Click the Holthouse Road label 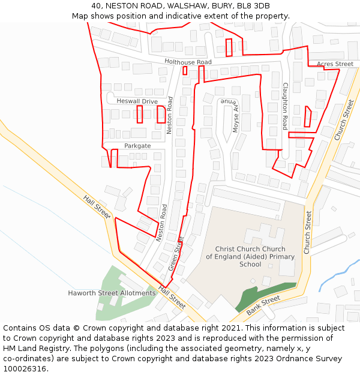pos(188,62)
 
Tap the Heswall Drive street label pos(137,101)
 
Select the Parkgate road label pos(137,146)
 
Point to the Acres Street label pos(335,64)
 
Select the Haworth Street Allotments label pos(112,293)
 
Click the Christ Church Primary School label pos(250,256)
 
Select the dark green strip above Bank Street pos(264,295)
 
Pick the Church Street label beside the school pos(308,232)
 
